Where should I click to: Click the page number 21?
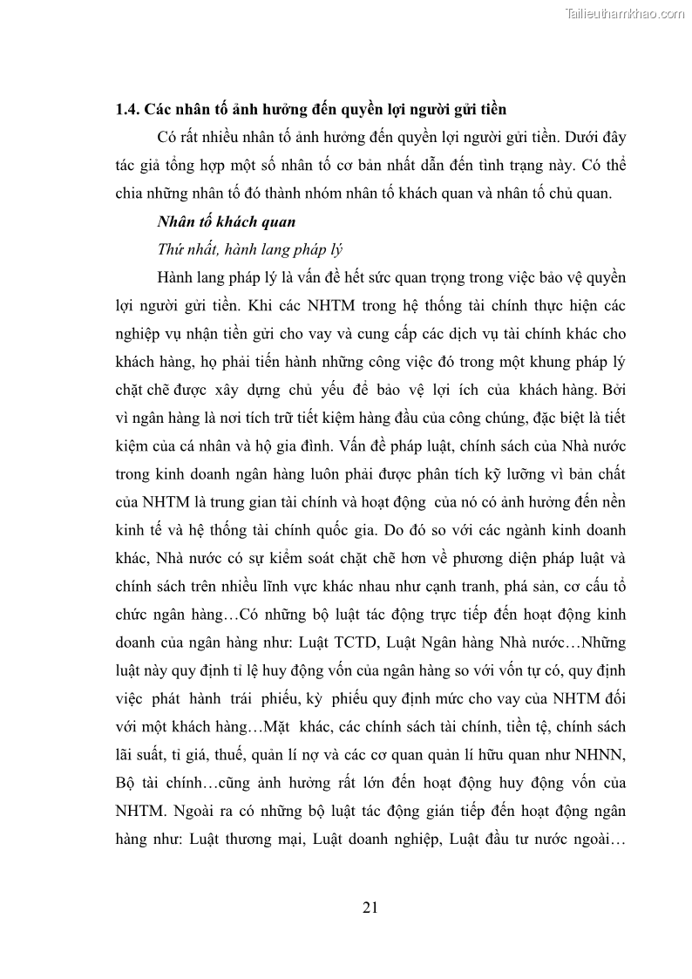[370, 908]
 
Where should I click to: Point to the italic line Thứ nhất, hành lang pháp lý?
[250, 249]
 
